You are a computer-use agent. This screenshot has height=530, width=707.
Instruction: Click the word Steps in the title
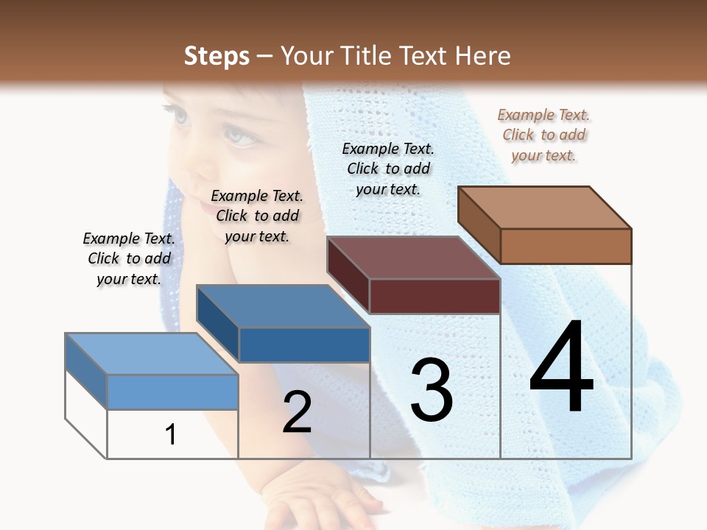[216, 56]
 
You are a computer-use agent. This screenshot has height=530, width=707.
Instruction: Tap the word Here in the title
[484, 56]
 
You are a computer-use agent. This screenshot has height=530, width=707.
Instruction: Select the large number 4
[561, 370]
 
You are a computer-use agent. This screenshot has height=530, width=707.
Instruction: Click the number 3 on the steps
[432, 390]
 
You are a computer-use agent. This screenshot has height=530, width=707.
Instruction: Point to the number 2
[297, 412]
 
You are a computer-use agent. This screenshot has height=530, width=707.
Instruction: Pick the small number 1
[171, 435]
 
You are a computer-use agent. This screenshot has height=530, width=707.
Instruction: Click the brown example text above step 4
[544, 135]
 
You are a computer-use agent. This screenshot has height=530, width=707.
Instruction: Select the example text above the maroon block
[388, 169]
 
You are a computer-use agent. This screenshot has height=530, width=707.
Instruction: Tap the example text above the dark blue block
[257, 216]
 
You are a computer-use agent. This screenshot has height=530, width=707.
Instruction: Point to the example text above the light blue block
[129, 258]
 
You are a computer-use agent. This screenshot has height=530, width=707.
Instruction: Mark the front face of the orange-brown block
[566, 246]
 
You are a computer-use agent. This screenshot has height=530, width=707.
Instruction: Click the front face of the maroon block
[435, 296]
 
